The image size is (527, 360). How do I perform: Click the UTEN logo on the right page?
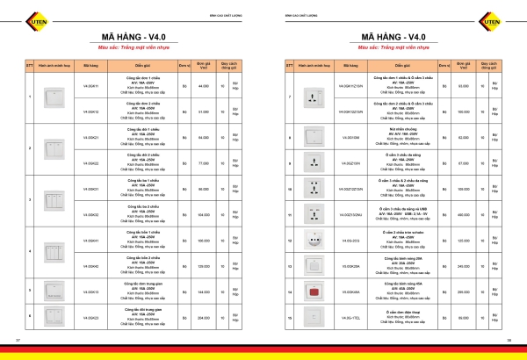[511, 18]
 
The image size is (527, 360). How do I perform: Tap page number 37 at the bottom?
[6, 339]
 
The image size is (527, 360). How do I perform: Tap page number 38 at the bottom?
[520, 339]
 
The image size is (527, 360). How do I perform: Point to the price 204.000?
[203, 318]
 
